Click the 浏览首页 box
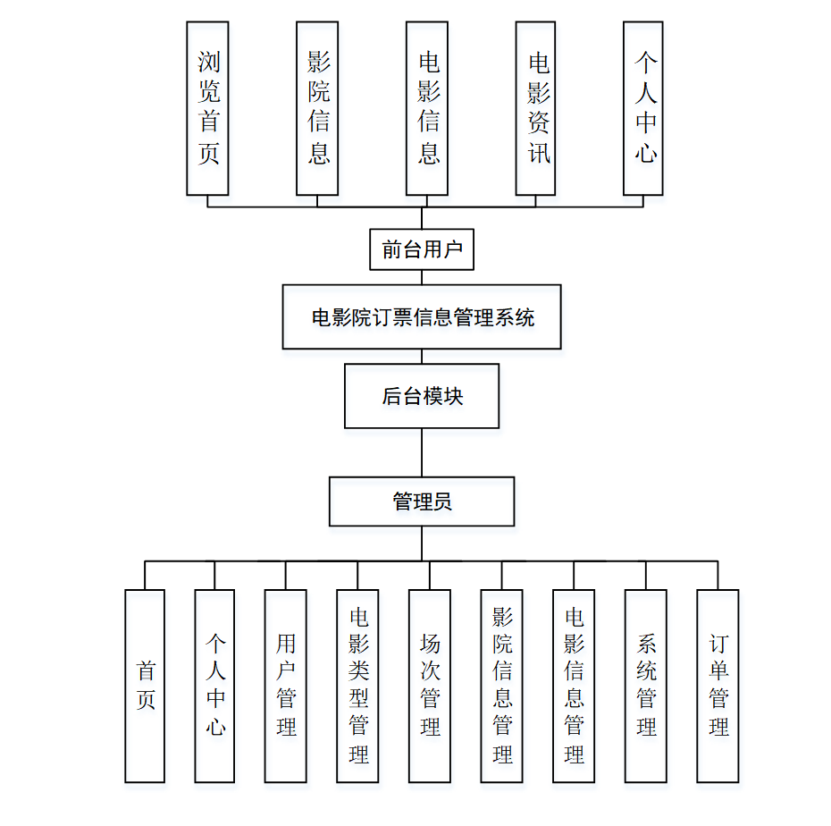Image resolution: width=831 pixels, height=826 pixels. tap(207, 108)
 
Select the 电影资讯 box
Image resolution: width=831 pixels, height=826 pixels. tap(536, 108)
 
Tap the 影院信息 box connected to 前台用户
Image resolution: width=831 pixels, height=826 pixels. tap(317, 108)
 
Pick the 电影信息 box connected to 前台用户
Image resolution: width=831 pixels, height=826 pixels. tap(427, 108)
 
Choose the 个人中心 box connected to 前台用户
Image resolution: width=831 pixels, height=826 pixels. tap(643, 108)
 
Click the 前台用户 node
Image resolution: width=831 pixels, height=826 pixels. tap(422, 249)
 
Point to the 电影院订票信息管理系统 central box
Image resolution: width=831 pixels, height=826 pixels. tap(422, 316)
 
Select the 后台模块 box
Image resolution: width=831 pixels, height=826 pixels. tap(422, 396)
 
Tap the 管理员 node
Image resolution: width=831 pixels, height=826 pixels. tap(422, 501)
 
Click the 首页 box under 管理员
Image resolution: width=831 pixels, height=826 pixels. tap(145, 686)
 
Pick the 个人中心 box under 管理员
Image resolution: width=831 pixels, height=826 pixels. tap(214, 686)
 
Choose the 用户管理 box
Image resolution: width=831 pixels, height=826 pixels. tap(286, 686)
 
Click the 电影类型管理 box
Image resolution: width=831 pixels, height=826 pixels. tap(357, 686)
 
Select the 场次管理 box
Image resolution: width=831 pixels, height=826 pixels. tap(430, 686)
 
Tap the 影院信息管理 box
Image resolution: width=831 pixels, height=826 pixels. tap(501, 686)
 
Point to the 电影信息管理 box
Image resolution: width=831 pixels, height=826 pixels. tap(574, 686)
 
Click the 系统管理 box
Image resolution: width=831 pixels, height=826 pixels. tap(646, 686)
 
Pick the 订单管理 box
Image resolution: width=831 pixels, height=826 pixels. tap(718, 686)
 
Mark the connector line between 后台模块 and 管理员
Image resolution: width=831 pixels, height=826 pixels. tap(422, 452)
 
